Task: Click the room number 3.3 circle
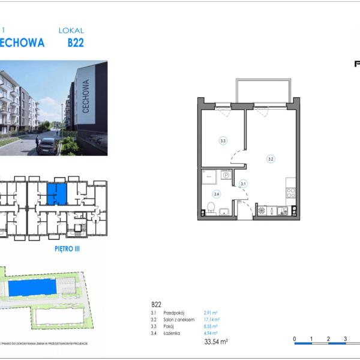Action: point(223,141)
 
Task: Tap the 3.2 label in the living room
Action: point(271,159)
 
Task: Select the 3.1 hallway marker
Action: point(243,184)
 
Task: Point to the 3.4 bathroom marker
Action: point(217,194)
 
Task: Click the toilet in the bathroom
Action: point(211,208)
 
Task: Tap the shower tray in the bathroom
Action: point(209,175)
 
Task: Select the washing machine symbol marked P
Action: point(226,175)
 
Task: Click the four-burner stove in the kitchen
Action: point(290,193)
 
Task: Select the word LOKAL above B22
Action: point(71,30)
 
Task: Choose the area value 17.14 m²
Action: point(212,320)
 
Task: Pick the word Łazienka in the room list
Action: point(172,332)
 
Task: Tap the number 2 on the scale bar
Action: point(329,339)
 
